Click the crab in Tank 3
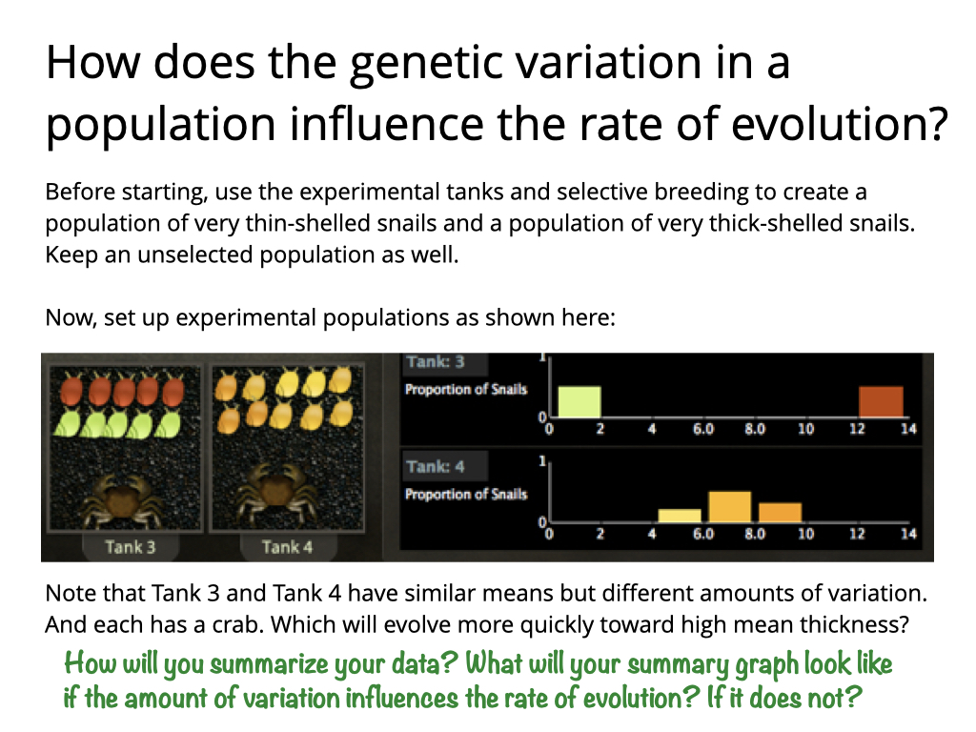point(129,498)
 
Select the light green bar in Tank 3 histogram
point(579,401)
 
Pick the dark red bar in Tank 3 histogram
point(881,401)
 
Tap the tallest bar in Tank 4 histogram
point(729,507)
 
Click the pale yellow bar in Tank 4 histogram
point(680,516)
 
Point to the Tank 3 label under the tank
point(130,547)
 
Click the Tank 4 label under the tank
point(287,547)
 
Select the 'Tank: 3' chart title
point(436,361)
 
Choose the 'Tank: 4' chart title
point(436,466)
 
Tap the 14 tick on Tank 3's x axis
point(908,428)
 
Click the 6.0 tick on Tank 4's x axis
point(703,534)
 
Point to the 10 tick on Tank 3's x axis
point(805,428)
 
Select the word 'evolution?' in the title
point(840,123)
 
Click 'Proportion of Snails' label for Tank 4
point(466,495)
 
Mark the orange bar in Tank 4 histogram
point(780,512)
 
